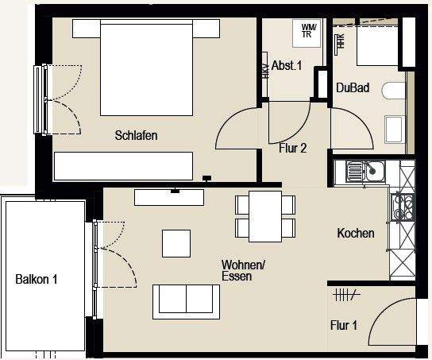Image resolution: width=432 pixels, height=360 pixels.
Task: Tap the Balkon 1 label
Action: [37, 279]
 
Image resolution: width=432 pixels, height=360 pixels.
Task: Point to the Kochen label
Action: [355, 234]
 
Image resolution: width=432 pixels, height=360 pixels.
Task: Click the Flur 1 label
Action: [345, 324]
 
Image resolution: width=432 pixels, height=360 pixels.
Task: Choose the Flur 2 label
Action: [293, 147]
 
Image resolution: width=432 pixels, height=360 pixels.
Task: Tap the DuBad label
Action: [353, 87]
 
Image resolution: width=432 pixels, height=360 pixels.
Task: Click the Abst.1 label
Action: [287, 66]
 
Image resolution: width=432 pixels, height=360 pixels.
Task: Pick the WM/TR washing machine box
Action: [307, 30]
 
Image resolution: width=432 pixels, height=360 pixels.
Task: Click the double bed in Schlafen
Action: [146, 69]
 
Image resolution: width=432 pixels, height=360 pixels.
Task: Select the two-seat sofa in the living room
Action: [186, 300]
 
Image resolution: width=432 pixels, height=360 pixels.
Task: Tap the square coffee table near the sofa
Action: [176, 242]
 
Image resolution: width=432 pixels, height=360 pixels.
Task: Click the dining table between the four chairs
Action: [265, 216]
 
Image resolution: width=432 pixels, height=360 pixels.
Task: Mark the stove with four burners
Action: [403, 207]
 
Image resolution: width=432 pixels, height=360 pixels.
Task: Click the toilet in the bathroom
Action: [392, 91]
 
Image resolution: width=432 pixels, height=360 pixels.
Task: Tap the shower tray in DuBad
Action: [374, 45]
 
